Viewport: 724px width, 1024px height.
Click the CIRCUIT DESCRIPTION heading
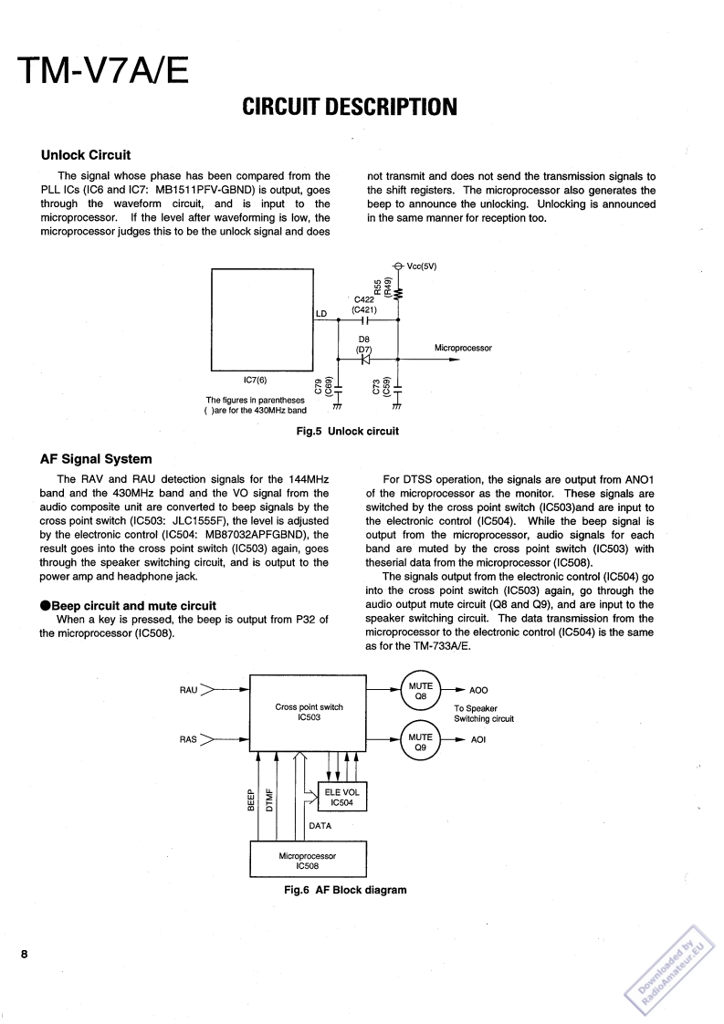(x=350, y=108)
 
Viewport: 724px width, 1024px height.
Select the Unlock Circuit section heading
(x=86, y=154)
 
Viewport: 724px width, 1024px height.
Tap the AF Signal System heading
(x=96, y=458)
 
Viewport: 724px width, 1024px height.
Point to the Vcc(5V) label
(x=421, y=266)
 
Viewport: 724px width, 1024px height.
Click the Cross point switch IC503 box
(x=309, y=712)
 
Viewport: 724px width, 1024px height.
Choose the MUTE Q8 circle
(x=421, y=691)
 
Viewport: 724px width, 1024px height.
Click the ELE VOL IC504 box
(x=341, y=798)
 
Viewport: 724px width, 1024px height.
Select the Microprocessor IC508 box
(x=309, y=861)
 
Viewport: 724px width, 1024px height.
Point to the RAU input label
(x=189, y=691)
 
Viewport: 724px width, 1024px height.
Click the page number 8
(x=26, y=955)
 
